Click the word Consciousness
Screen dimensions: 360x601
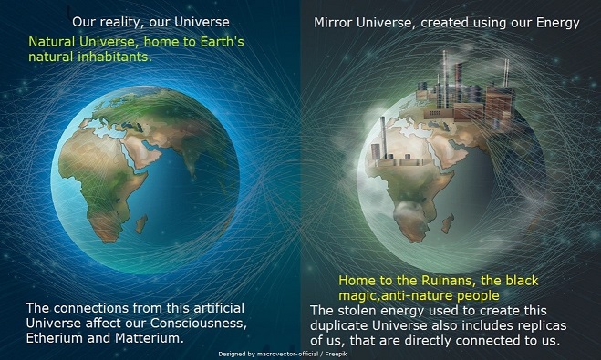[203, 323]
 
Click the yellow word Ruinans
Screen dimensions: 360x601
[457, 282]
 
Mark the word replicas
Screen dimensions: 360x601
[528, 325]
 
